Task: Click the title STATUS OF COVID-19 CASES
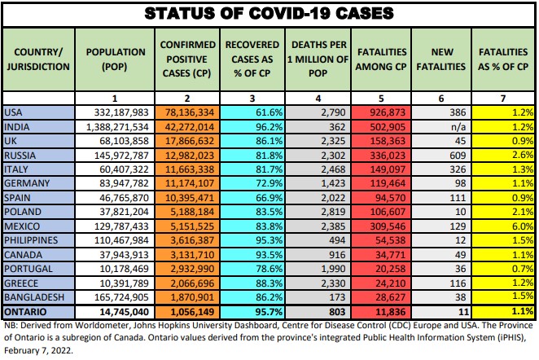(x=269, y=14)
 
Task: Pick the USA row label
(x=13, y=112)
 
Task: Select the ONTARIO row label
(x=26, y=312)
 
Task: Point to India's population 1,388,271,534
(x=115, y=126)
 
